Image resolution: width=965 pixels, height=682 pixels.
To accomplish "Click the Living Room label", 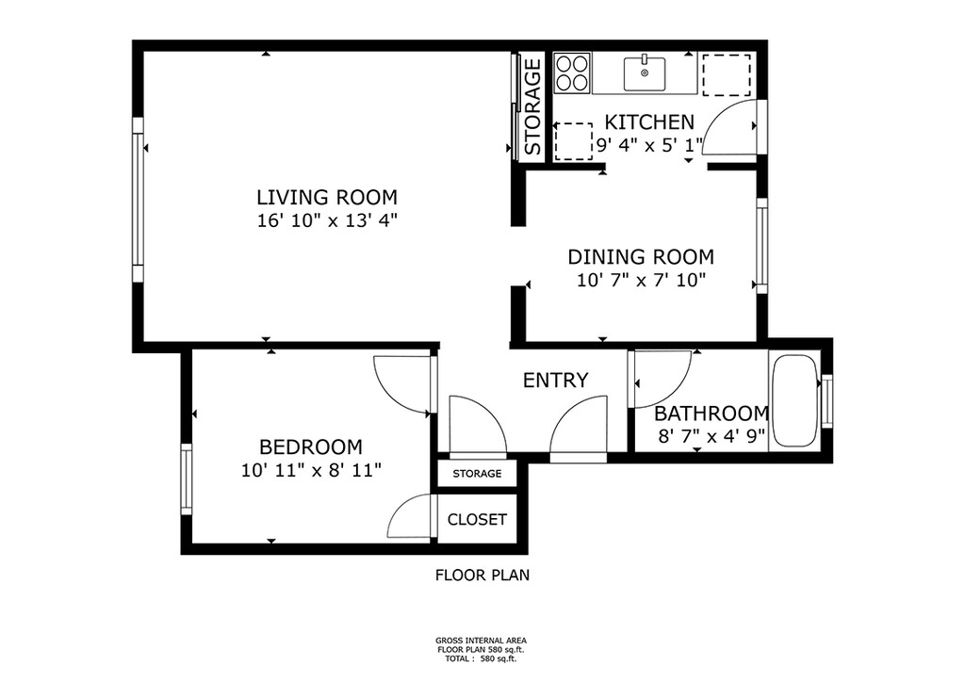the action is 327,198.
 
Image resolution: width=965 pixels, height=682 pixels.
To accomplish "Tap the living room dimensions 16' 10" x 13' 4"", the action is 327,220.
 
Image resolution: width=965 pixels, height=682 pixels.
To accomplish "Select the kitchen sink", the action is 645,73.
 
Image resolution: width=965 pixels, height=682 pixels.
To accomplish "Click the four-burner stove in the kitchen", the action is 572,73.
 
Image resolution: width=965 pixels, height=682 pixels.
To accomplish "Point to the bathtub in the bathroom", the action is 794,400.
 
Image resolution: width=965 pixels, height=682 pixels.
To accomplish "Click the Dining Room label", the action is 641,256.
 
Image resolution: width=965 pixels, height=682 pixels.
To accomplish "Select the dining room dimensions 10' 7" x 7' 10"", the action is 641,281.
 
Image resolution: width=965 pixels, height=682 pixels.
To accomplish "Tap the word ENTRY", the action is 555,380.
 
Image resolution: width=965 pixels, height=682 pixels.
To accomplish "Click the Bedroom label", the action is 311,447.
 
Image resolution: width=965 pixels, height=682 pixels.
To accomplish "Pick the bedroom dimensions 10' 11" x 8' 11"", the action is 311,470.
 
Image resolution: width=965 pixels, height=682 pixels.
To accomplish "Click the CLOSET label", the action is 477,520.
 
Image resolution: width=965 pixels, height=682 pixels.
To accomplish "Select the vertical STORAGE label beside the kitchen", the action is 532,106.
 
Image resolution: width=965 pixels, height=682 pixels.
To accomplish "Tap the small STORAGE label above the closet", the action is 477,474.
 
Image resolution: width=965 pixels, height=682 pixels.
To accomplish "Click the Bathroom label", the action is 711,414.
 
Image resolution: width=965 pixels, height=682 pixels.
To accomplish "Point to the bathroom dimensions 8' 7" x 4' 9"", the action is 711,436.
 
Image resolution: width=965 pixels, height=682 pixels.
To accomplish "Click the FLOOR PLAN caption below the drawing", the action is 482,575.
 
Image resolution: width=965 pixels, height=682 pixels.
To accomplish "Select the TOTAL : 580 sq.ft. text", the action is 481,658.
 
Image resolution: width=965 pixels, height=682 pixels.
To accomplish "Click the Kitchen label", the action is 649,122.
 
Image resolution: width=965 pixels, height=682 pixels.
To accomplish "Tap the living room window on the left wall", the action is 138,200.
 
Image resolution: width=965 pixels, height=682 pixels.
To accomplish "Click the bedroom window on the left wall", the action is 186,479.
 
